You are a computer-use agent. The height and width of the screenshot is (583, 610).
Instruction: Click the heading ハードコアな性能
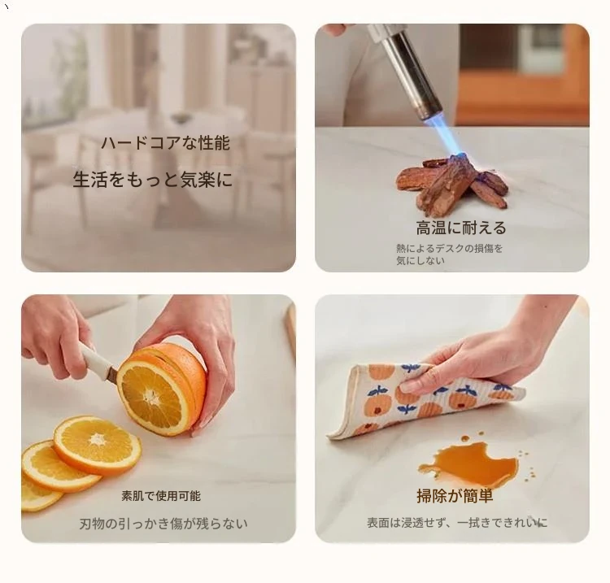coord(165,143)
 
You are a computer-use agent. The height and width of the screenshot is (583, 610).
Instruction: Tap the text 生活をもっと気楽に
coord(153,180)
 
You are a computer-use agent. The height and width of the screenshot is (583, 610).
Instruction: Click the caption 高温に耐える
coord(460,228)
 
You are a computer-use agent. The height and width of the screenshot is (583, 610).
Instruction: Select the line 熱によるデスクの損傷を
coord(449,248)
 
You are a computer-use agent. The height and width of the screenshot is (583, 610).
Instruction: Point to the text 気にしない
coord(420,260)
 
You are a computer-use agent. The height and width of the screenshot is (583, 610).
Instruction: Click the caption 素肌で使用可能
coord(161,496)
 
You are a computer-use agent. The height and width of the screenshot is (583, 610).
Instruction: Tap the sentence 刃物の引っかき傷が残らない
coord(163,524)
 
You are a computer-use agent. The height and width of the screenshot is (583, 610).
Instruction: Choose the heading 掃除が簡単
coord(455,496)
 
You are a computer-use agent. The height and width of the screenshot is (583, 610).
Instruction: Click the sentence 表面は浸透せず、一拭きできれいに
coord(457,522)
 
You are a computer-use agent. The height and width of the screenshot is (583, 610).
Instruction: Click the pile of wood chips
coord(451,183)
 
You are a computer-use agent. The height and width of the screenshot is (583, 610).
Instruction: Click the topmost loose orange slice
coord(98,445)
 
